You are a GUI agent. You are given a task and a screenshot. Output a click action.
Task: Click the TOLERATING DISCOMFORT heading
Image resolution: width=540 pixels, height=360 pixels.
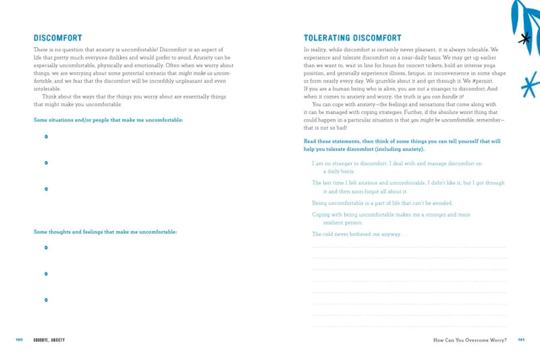pyautogui.click(x=352, y=38)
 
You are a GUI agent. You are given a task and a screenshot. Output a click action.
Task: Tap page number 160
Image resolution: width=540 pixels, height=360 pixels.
pyautogui.click(x=19, y=339)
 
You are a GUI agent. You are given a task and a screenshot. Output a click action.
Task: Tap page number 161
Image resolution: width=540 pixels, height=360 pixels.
pyautogui.click(x=520, y=339)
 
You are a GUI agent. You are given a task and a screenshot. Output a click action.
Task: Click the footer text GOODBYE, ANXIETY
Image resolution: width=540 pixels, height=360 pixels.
pyautogui.click(x=49, y=339)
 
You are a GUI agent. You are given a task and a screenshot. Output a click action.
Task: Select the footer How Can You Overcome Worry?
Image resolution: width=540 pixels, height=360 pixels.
pyautogui.click(x=470, y=339)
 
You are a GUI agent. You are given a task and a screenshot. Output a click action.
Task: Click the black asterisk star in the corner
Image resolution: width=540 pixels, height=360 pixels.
pyautogui.click(x=524, y=38)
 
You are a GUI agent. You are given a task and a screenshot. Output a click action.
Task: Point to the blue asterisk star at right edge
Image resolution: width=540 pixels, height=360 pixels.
pyautogui.click(x=531, y=84)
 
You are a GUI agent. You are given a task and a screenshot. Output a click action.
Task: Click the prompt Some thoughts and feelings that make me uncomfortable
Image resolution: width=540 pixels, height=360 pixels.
pyautogui.click(x=105, y=232)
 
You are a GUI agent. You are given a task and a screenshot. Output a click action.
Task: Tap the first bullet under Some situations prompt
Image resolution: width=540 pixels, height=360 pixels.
pyautogui.click(x=46, y=136)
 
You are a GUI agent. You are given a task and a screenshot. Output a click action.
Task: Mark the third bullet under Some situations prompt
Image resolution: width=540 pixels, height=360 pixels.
pyautogui.click(x=46, y=188)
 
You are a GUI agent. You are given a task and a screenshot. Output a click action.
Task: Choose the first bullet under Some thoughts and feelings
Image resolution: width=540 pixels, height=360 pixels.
pyautogui.click(x=46, y=247)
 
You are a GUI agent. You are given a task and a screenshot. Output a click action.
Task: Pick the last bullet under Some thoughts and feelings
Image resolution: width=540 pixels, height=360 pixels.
pyautogui.click(x=46, y=299)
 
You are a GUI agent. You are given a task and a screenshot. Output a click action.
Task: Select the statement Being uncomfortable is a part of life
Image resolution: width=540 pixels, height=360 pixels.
pyautogui.click(x=382, y=203)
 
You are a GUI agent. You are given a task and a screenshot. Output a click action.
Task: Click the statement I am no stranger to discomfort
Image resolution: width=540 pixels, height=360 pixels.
pyautogui.click(x=397, y=163)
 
